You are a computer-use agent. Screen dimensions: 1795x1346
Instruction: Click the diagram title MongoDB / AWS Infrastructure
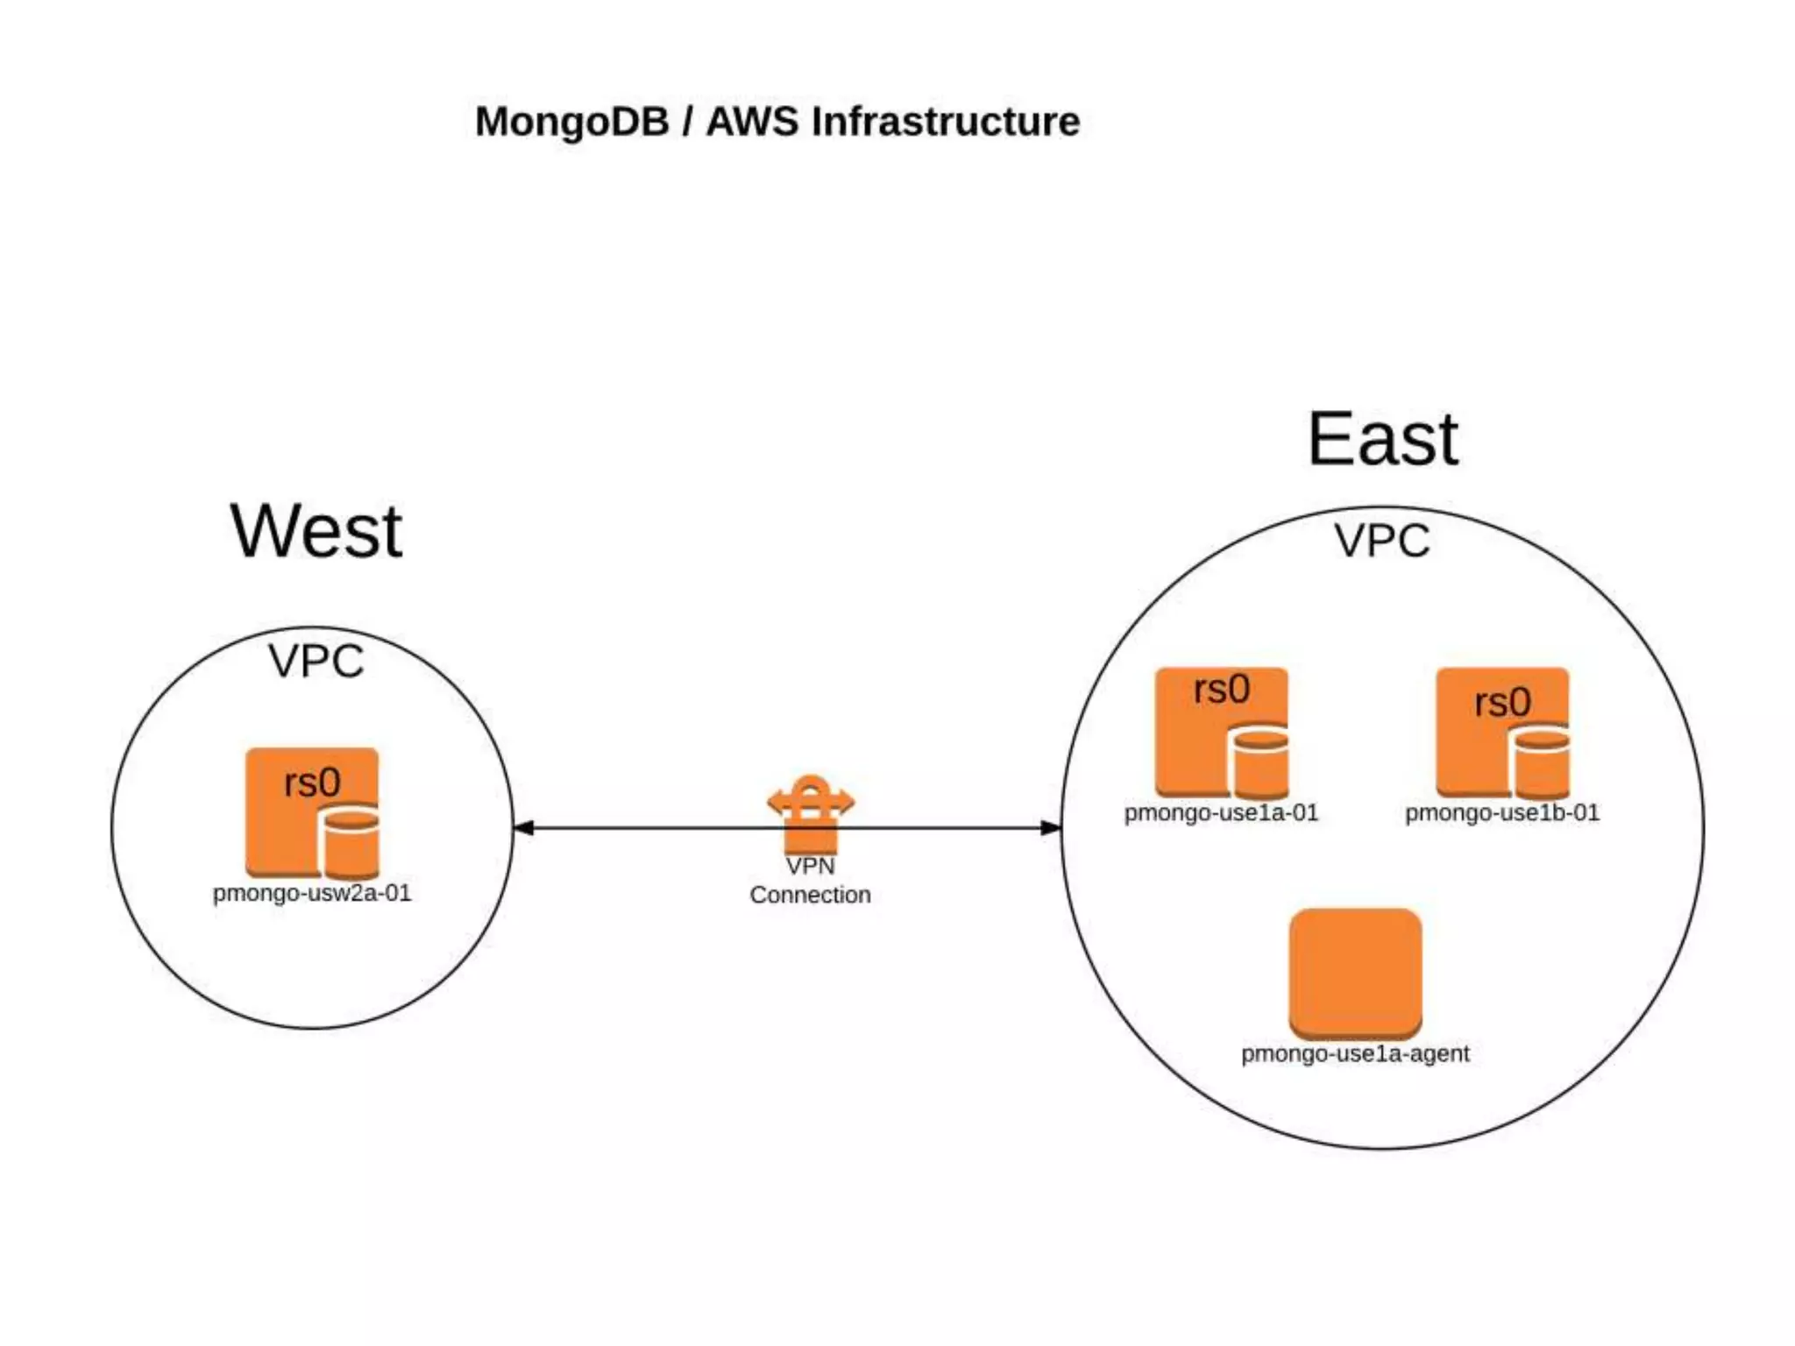click(x=777, y=122)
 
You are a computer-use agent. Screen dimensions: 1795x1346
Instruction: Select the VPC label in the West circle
click(x=316, y=661)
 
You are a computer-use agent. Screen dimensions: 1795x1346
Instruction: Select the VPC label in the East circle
click(x=1382, y=540)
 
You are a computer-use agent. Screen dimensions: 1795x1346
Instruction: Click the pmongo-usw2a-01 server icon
click(x=313, y=813)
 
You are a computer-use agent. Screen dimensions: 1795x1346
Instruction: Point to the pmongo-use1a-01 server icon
click(x=1222, y=733)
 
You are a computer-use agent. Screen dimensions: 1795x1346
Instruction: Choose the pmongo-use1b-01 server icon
click(x=1503, y=733)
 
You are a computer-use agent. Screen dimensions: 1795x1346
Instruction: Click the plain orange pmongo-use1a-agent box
click(x=1355, y=973)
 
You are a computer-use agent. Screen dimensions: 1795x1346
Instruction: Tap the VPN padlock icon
click(x=811, y=814)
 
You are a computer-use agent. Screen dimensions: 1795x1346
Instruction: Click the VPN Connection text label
click(x=811, y=880)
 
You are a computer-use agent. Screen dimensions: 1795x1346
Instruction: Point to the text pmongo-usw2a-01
click(x=312, y=894)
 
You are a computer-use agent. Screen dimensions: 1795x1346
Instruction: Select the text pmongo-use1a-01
click(x=1222, y=813)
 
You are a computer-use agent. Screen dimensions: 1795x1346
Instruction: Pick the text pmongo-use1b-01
click(x=1502, y=813)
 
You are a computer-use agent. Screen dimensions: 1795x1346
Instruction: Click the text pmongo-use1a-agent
click(x=1355, y=1053)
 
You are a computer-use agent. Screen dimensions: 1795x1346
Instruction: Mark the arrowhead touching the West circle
click(x=523, y=827)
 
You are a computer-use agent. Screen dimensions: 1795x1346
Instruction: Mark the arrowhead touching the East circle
click(x=1051, y=827)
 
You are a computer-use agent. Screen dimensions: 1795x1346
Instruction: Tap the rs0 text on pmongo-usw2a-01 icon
click(x=312, y=782)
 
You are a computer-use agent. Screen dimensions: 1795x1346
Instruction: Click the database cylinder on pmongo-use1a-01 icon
click(x=1259, y=762)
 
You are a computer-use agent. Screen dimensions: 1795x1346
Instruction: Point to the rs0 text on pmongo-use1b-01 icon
click(x=1503, y=702)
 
